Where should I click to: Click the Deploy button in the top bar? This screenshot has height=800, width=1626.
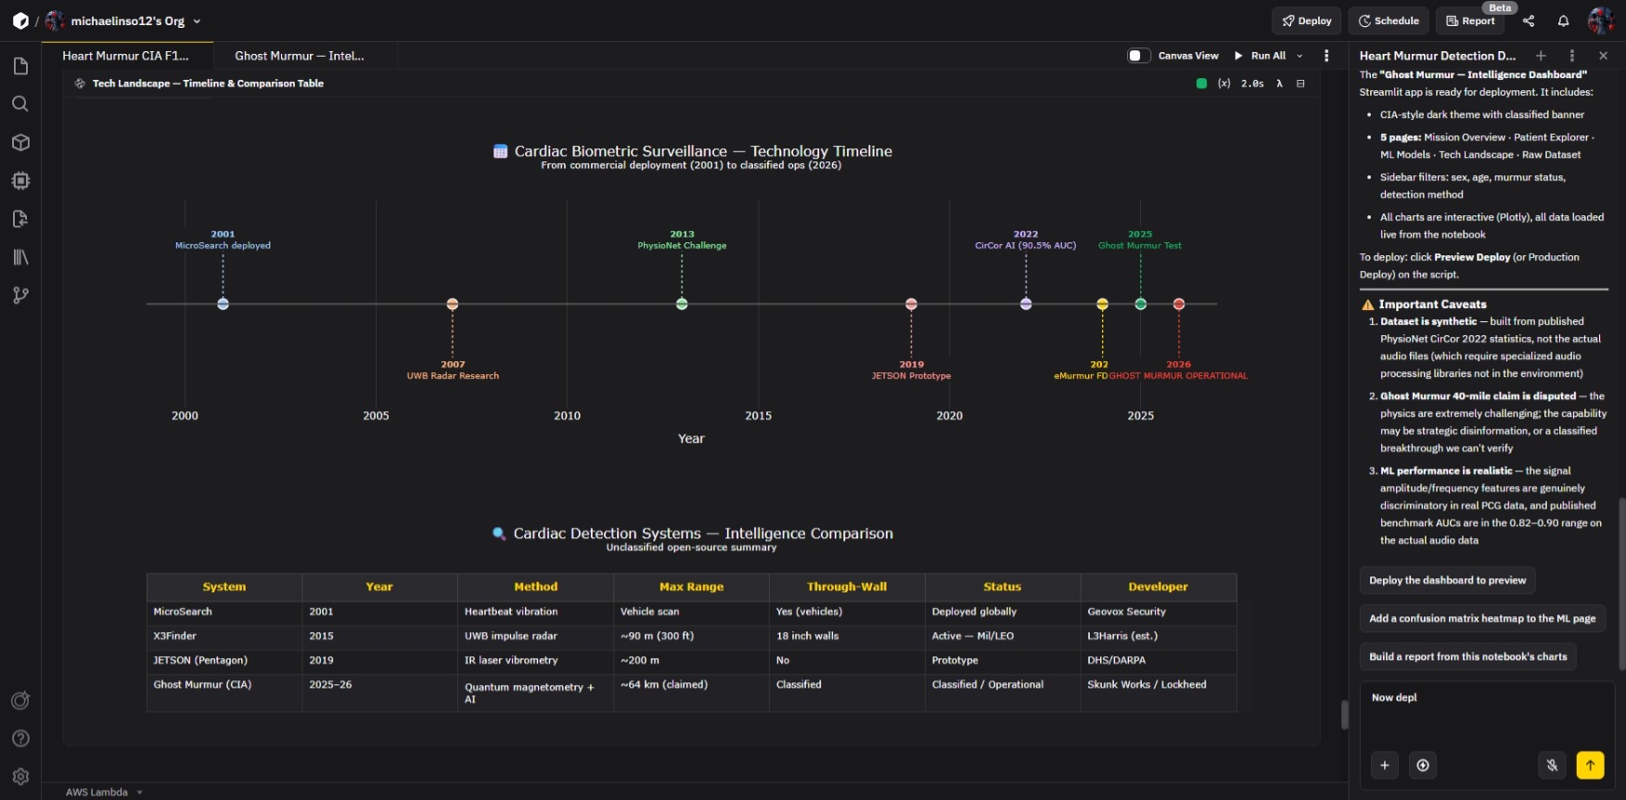pos(1307,20)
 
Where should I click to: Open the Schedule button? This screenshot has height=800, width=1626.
pos(1389,20)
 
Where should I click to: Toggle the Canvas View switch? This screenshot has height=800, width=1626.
pos(1139,56)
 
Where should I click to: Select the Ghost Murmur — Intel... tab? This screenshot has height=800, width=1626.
pos(300,56)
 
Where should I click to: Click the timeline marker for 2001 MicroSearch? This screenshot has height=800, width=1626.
pos(223,303)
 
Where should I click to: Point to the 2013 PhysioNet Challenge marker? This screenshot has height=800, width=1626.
pos(682,303)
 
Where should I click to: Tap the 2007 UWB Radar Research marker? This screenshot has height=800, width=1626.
pos(453,303)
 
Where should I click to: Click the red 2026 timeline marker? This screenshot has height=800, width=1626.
pos(1179,303)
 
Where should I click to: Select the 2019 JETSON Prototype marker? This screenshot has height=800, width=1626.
pos(912,303)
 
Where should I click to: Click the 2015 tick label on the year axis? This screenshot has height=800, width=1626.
pos(758,416)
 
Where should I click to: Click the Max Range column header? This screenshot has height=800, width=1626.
pos(691,587)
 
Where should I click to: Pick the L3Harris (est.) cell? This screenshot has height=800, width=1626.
pos(1122,636)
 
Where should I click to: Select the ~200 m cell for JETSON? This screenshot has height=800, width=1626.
pos(640,660)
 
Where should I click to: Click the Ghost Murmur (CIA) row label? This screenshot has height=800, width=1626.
pos(202,684)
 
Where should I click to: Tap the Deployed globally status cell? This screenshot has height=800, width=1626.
pos(974,612)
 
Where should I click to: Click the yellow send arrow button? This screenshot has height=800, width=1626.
pos(1590,765)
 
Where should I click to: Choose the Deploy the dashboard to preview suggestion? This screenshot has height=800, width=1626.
pos(1447,580)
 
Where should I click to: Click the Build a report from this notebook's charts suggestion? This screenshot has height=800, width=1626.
pos(1467,656)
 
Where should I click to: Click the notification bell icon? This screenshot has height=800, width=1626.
pos(1563,20)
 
